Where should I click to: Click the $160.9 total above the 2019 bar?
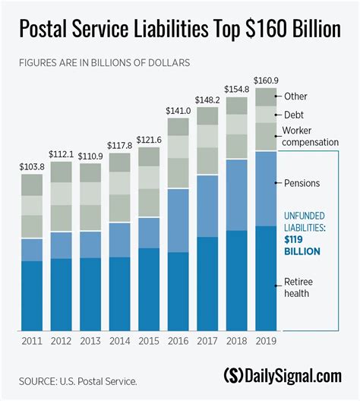[266, 80]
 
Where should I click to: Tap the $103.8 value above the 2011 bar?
[32, 166]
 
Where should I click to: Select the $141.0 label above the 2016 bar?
[178, 110]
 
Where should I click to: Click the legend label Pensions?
[302, 183]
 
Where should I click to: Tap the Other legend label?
[296, 96]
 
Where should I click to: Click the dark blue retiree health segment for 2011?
[32, 296]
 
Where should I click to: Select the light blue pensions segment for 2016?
[178, 220]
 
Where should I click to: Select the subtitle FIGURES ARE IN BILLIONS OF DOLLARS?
[104, 60]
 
